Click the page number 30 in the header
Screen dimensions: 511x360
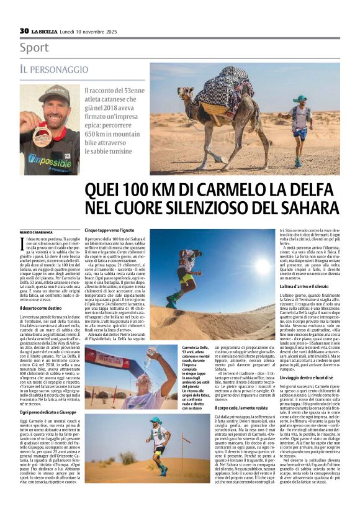pyautogui.click(x=24, y=30)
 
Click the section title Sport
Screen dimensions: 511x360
pyautogui.click(x=34, y=47)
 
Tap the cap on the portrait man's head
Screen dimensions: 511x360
pyautogui.click(x=54, y=93)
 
